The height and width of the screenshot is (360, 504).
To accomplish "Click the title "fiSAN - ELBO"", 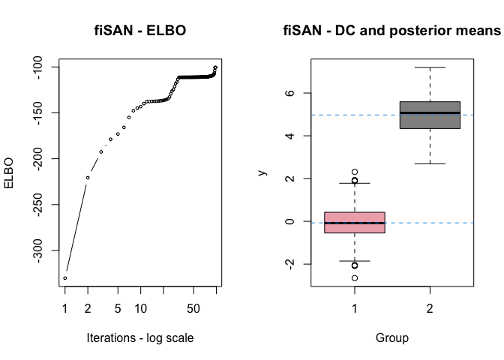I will [140, 31].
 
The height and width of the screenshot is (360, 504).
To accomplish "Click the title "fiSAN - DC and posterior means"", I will [391, 31].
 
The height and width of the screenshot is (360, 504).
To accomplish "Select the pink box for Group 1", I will [355, 223].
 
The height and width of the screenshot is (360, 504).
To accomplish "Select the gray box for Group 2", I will [430, 115].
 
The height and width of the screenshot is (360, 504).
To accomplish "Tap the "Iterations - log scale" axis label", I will [140, 337].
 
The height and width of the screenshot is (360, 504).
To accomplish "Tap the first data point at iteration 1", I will [65, 277].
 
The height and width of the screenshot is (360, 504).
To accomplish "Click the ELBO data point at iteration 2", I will [88, 178].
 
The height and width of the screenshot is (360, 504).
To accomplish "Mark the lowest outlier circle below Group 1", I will [355, 278].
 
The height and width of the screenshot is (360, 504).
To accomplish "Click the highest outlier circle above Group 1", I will [355, 172].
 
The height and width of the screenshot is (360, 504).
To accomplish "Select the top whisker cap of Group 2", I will [430, 67].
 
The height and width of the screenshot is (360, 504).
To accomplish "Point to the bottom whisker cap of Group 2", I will [430, 163].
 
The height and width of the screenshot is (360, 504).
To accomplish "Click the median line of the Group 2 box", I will [430, 112].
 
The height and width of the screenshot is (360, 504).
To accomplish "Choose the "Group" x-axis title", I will [391, 337].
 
